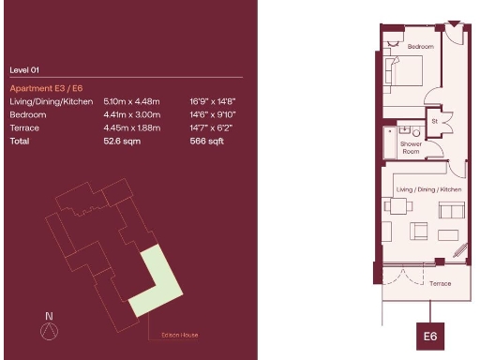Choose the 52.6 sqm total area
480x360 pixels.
pos(119,141)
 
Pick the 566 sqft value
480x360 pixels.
pos(205,141)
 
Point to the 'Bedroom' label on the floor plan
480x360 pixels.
pos(419,47)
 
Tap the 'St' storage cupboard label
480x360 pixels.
pos(435,121)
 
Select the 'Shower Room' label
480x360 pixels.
pos(412,147)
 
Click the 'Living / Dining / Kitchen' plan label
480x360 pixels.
pos(429,190)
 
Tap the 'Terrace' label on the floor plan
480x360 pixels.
pos(440,283)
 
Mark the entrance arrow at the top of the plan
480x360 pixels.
pos(455,22)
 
